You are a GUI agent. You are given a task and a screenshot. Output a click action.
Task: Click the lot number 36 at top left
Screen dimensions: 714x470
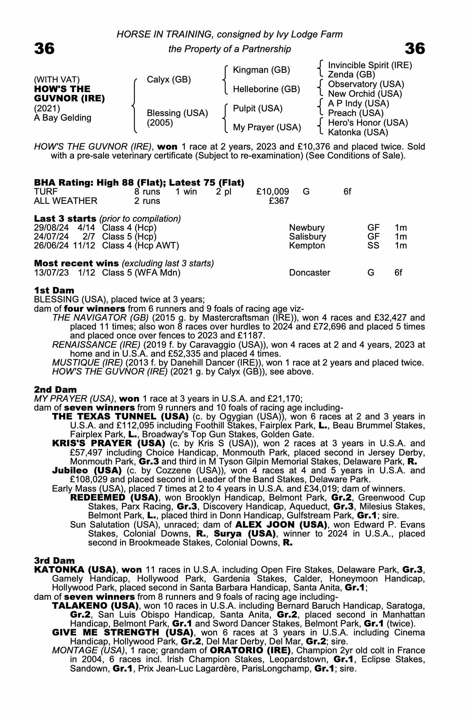[x=44, y=49]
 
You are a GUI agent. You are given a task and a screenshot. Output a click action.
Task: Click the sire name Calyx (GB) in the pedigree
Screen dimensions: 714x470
[x=169, y=79]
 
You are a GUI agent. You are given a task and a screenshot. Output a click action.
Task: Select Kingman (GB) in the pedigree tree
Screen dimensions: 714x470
[x=261, y=70]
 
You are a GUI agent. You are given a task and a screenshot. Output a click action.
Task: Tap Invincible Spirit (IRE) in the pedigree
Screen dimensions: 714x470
[x=370, y=65]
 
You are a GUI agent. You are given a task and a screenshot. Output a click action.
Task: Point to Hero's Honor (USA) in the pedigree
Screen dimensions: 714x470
[x=368, y=123]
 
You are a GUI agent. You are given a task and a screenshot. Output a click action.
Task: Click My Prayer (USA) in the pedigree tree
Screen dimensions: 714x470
[x=267, y=127]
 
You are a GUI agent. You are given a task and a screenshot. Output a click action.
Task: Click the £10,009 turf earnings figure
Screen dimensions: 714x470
[x=273, y=192]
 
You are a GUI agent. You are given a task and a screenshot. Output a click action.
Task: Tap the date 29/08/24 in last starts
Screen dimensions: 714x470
[x=51, y=228]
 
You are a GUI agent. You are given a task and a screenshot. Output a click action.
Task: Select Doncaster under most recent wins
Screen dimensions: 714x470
[x=310, y=273]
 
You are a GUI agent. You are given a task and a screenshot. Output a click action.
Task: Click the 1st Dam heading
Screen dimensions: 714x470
[x=54, y=290]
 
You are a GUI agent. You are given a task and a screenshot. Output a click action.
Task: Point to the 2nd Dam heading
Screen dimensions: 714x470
[x=55, y=389]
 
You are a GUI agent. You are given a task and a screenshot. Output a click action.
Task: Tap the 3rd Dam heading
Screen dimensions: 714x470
[x=54, y=560]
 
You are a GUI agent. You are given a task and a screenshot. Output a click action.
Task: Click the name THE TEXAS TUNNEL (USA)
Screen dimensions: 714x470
[x=120, y=417]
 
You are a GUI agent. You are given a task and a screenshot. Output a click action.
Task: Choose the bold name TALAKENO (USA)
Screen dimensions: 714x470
[x=95, y=606]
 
